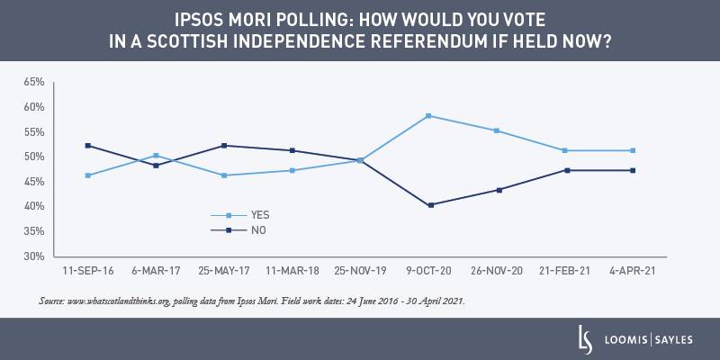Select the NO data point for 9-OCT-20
tap(430, 205)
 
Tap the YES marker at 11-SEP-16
tap(87, 175)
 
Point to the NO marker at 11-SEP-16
tap(87, 146)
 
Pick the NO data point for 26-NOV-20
tap(499, 190)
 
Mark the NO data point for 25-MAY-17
tap(224, 146)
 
